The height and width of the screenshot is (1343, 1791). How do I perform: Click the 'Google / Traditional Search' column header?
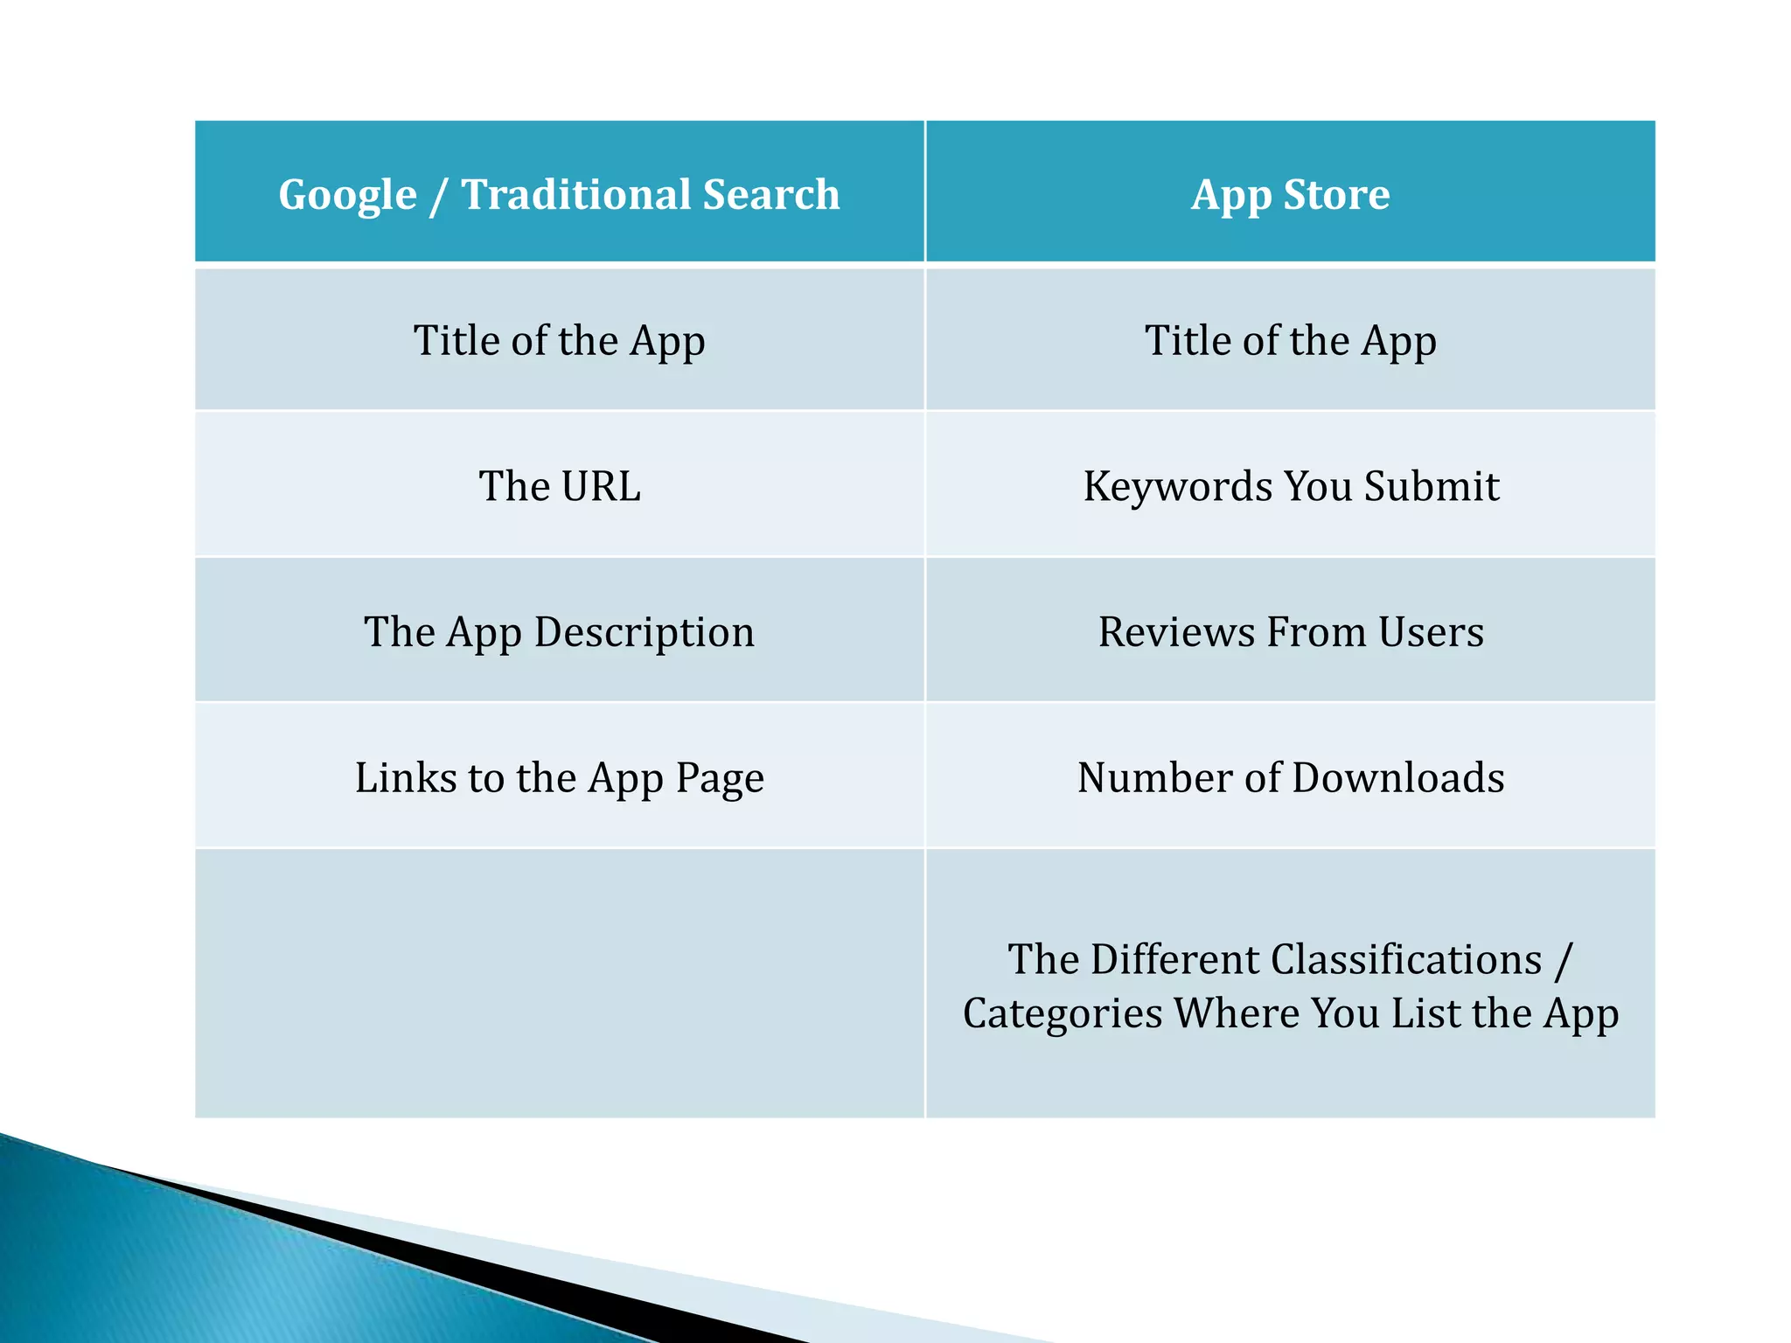point(559,194)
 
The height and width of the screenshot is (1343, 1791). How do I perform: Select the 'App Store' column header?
point(1290,194)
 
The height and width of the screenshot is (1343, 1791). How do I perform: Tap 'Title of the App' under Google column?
point(559,340)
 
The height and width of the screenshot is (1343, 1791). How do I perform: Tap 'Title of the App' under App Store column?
point(1290,340)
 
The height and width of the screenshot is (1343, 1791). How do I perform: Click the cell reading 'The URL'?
point(559,486)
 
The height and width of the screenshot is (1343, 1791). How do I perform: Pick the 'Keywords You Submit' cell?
point(1291,486)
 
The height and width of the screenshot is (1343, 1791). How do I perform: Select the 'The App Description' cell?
point(559,631)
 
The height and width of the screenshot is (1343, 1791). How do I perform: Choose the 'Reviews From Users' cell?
point(1291,631)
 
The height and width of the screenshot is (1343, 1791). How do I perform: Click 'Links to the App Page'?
point(559,777)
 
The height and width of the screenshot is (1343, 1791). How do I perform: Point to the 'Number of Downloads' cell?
point(1291,777)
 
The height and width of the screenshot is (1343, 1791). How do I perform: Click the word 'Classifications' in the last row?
point(1406,959)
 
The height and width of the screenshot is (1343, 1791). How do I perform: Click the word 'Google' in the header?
point(347,194)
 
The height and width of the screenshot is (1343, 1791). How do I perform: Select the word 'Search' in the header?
point(771,194)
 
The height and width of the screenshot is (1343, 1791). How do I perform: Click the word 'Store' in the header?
point(1336,194)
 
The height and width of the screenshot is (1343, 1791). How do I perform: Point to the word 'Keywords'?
point(1177,486)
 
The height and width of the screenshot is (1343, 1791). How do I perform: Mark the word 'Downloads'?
point(1397,777)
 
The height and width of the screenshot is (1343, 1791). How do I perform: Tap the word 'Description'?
point(645,631)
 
